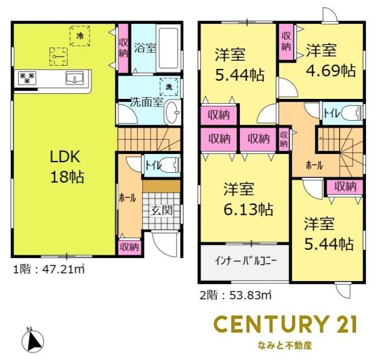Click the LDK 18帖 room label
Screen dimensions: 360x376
click(68, 167)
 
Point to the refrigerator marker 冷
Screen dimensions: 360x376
click(80, 36)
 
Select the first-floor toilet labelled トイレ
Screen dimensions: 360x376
click(153, 165)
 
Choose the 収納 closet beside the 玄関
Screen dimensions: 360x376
click(130, 247)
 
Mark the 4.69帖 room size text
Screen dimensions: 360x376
click(330, 70)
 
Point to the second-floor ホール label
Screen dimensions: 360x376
click(313, 165)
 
